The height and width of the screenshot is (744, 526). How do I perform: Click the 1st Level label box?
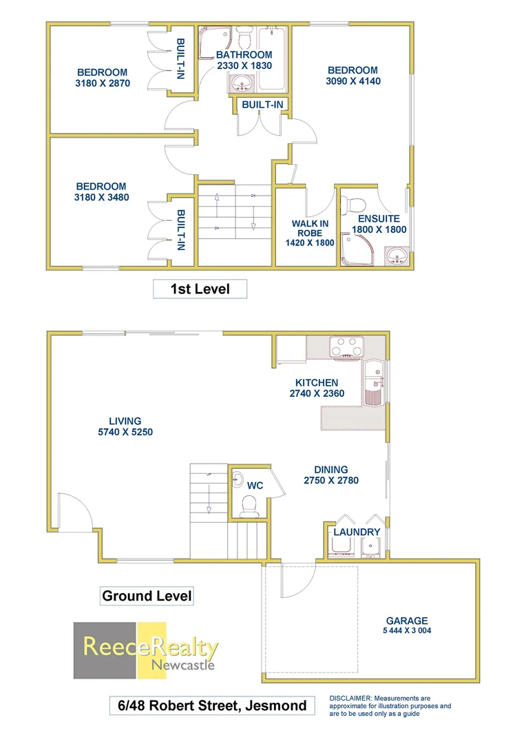coord(200,289)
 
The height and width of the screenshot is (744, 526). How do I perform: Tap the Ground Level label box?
coord(147,596)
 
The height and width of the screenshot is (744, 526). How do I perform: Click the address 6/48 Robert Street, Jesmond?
coord(212,706)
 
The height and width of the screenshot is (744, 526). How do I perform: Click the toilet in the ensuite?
coord(357,203)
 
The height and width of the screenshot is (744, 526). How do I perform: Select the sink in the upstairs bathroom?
coord(242,84)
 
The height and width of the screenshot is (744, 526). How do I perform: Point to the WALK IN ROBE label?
coord(310,228)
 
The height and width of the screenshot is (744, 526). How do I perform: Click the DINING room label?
coord(330,470)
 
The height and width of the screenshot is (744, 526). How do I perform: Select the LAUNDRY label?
coord(357,533)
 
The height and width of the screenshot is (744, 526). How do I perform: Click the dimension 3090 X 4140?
coord(353,81)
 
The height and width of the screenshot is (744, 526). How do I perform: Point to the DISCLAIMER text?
coord(390,705)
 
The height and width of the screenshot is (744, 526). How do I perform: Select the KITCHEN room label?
coord(317,383)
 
